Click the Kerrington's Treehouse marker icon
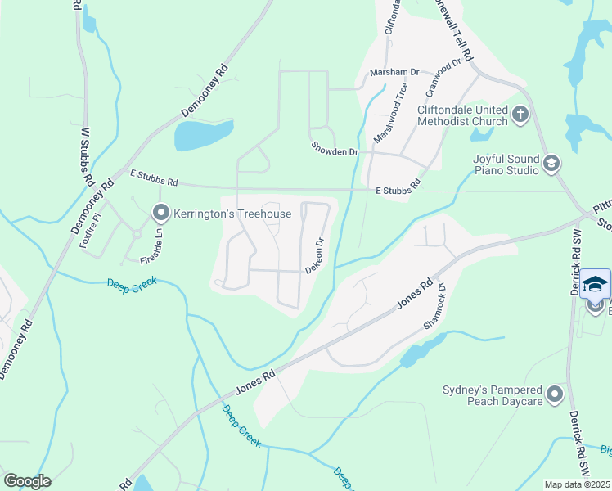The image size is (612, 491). [x=160, y=214]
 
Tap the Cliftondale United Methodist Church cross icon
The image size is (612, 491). [x=520, y=115]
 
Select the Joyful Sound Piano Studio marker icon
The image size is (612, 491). [x=551, y=164]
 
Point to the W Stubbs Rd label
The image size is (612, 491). [x=84, y=155]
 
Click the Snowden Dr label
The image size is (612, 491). [x=335, y=149]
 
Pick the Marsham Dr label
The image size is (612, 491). [x=394, y=72]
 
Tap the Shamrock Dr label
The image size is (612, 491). [x=433, y=306]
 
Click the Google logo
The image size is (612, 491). [x=27, y=480]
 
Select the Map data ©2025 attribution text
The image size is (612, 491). [x=577, y=484]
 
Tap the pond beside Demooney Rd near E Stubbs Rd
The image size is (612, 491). [x=203, y=135]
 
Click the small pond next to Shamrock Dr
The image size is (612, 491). [x=417, y=354]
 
